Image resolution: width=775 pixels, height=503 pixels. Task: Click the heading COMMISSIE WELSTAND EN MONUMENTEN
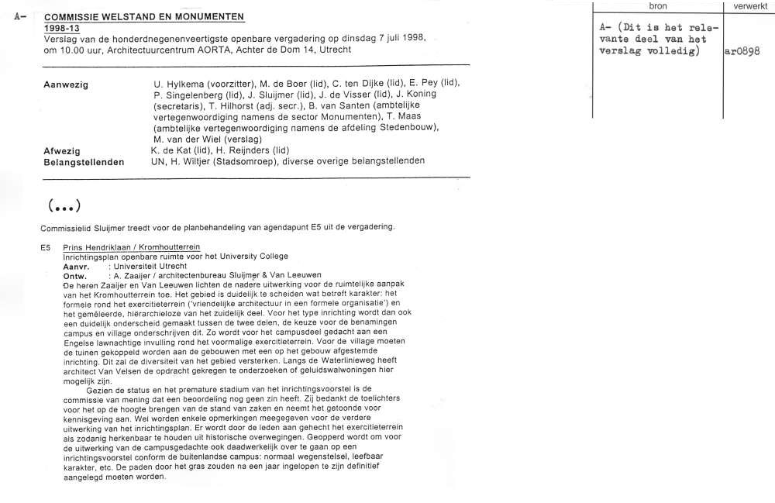[143, 17]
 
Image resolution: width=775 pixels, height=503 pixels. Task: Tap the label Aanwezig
[65, 84]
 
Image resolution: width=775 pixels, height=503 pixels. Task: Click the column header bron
[657, 6]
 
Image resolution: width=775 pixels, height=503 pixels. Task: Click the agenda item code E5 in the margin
[47, 247]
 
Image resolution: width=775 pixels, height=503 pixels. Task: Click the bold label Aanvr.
[76, 266]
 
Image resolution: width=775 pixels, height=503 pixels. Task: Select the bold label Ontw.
[75, 275]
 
